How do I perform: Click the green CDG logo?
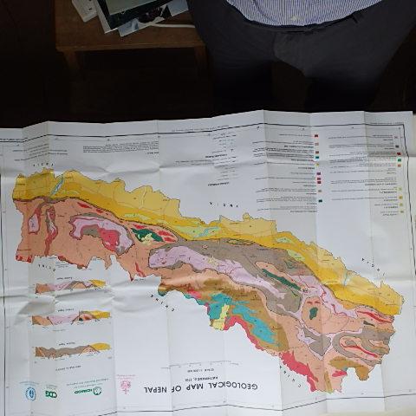51,391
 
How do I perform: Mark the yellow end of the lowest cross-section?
102,348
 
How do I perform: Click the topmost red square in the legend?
317,138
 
